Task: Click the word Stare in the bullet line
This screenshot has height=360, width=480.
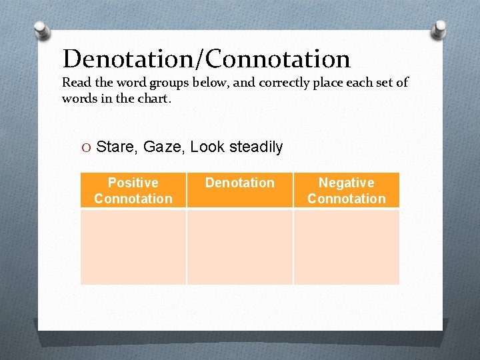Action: pyautogui.click(x=115, y=147)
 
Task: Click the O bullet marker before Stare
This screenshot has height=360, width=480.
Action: pyautogui.click(x=87, y=147)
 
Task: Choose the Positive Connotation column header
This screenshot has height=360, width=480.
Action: pyautogui.click(x=133, y=191)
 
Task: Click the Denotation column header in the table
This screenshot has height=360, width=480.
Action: pyautogui.click(x=240, y=183)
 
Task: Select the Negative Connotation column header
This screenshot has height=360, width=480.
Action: pyautogui.click(x=347, y=191)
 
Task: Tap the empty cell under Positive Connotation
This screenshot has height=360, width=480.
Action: pyautogui.click(x=133, y=247)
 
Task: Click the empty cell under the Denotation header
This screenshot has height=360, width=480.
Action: pyautogui.click(x=240, y=247)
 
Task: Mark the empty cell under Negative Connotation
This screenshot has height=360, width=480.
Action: pyautogui.click(x=347, y=247)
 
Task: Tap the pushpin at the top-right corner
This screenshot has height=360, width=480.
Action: pyautogui.click(x=440, y=29)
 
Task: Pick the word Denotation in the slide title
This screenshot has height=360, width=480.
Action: pyautogui.click(x=129, y=59)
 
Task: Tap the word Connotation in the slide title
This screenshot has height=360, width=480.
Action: pyautogui.click(x=278, y=59)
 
